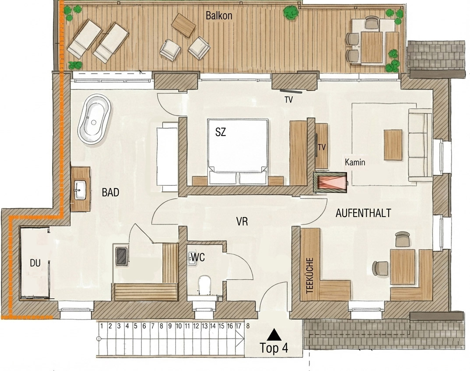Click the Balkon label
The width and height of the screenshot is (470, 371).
coord(219,16)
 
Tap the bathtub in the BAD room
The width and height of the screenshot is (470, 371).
coord(94,120)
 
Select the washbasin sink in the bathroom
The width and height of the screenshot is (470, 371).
coord(80,189)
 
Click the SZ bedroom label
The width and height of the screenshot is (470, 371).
coord(221,132)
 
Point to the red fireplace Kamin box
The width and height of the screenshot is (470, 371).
coord(330,182)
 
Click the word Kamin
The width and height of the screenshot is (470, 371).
coord(355,163)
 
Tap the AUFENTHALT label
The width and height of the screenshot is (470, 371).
coord(363,213)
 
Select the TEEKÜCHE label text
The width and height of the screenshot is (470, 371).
coord(310,275)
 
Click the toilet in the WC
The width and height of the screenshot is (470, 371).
coord(205,285)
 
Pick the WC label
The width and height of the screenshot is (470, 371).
coord(198,257)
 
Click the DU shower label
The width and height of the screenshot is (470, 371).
coord(35,263)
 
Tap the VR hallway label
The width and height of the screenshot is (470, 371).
coord(242,222)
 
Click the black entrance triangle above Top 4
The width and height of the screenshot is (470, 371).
coord(274,335)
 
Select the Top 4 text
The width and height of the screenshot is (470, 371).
coord(274,348)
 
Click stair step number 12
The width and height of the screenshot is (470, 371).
coord(196,326)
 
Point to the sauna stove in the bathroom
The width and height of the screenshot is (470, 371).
coord(121,255)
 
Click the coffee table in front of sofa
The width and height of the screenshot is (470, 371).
coord(393,144)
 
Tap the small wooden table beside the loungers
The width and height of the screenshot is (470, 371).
coord(183,25)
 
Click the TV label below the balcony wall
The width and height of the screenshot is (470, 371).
coord(289,100)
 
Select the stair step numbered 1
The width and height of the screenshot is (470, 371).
coord(102,326)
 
